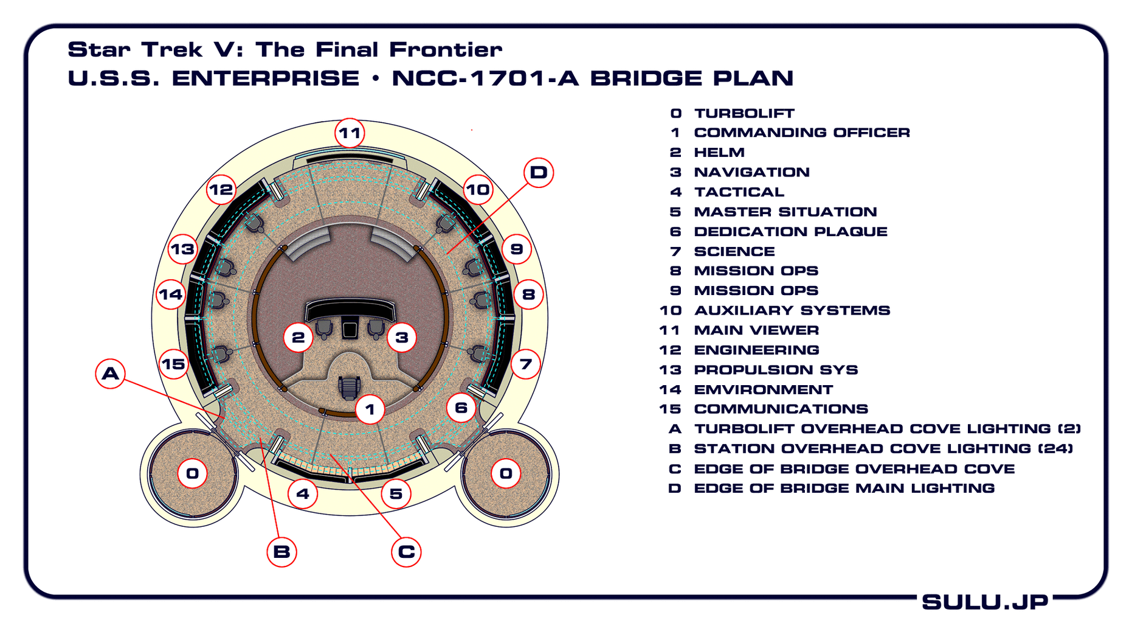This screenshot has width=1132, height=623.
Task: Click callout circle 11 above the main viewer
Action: [x=350, y=133]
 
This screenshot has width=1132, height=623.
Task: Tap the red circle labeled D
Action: [x=538, y=172]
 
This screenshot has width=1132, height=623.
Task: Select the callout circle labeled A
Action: [x=111, y=373]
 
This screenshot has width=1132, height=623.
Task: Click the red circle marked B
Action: [x=281, y=552]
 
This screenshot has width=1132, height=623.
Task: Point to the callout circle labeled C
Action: [x=406, y=552]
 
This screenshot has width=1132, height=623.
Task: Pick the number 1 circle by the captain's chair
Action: [x=370, y=409]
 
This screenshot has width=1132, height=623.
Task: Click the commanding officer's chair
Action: [x=349, y=386]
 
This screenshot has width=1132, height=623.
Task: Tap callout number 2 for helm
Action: [x=299, y=337]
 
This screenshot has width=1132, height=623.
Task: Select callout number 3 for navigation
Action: [x=401, y=337]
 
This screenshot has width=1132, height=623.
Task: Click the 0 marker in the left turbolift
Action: [x=193, y=473]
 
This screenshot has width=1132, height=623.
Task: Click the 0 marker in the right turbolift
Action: [x=506, y=473]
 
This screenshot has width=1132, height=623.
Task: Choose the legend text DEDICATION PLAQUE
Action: [x=790, y=232]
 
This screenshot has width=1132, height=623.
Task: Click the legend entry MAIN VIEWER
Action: [x=756, y=330]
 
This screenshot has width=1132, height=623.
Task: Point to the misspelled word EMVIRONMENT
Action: [x=763, y=389]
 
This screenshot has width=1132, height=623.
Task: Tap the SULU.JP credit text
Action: [x=985, y=602]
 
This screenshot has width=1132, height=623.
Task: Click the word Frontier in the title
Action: [x=445, y=50]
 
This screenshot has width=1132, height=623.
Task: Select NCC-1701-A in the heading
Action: [x=485, y=78]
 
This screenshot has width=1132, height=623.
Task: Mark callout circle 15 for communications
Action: [x=173, y=364]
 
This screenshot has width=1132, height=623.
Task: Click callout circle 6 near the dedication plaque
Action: [x=461, y=408]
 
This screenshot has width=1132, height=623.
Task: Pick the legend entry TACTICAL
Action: [x=739, y=192]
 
